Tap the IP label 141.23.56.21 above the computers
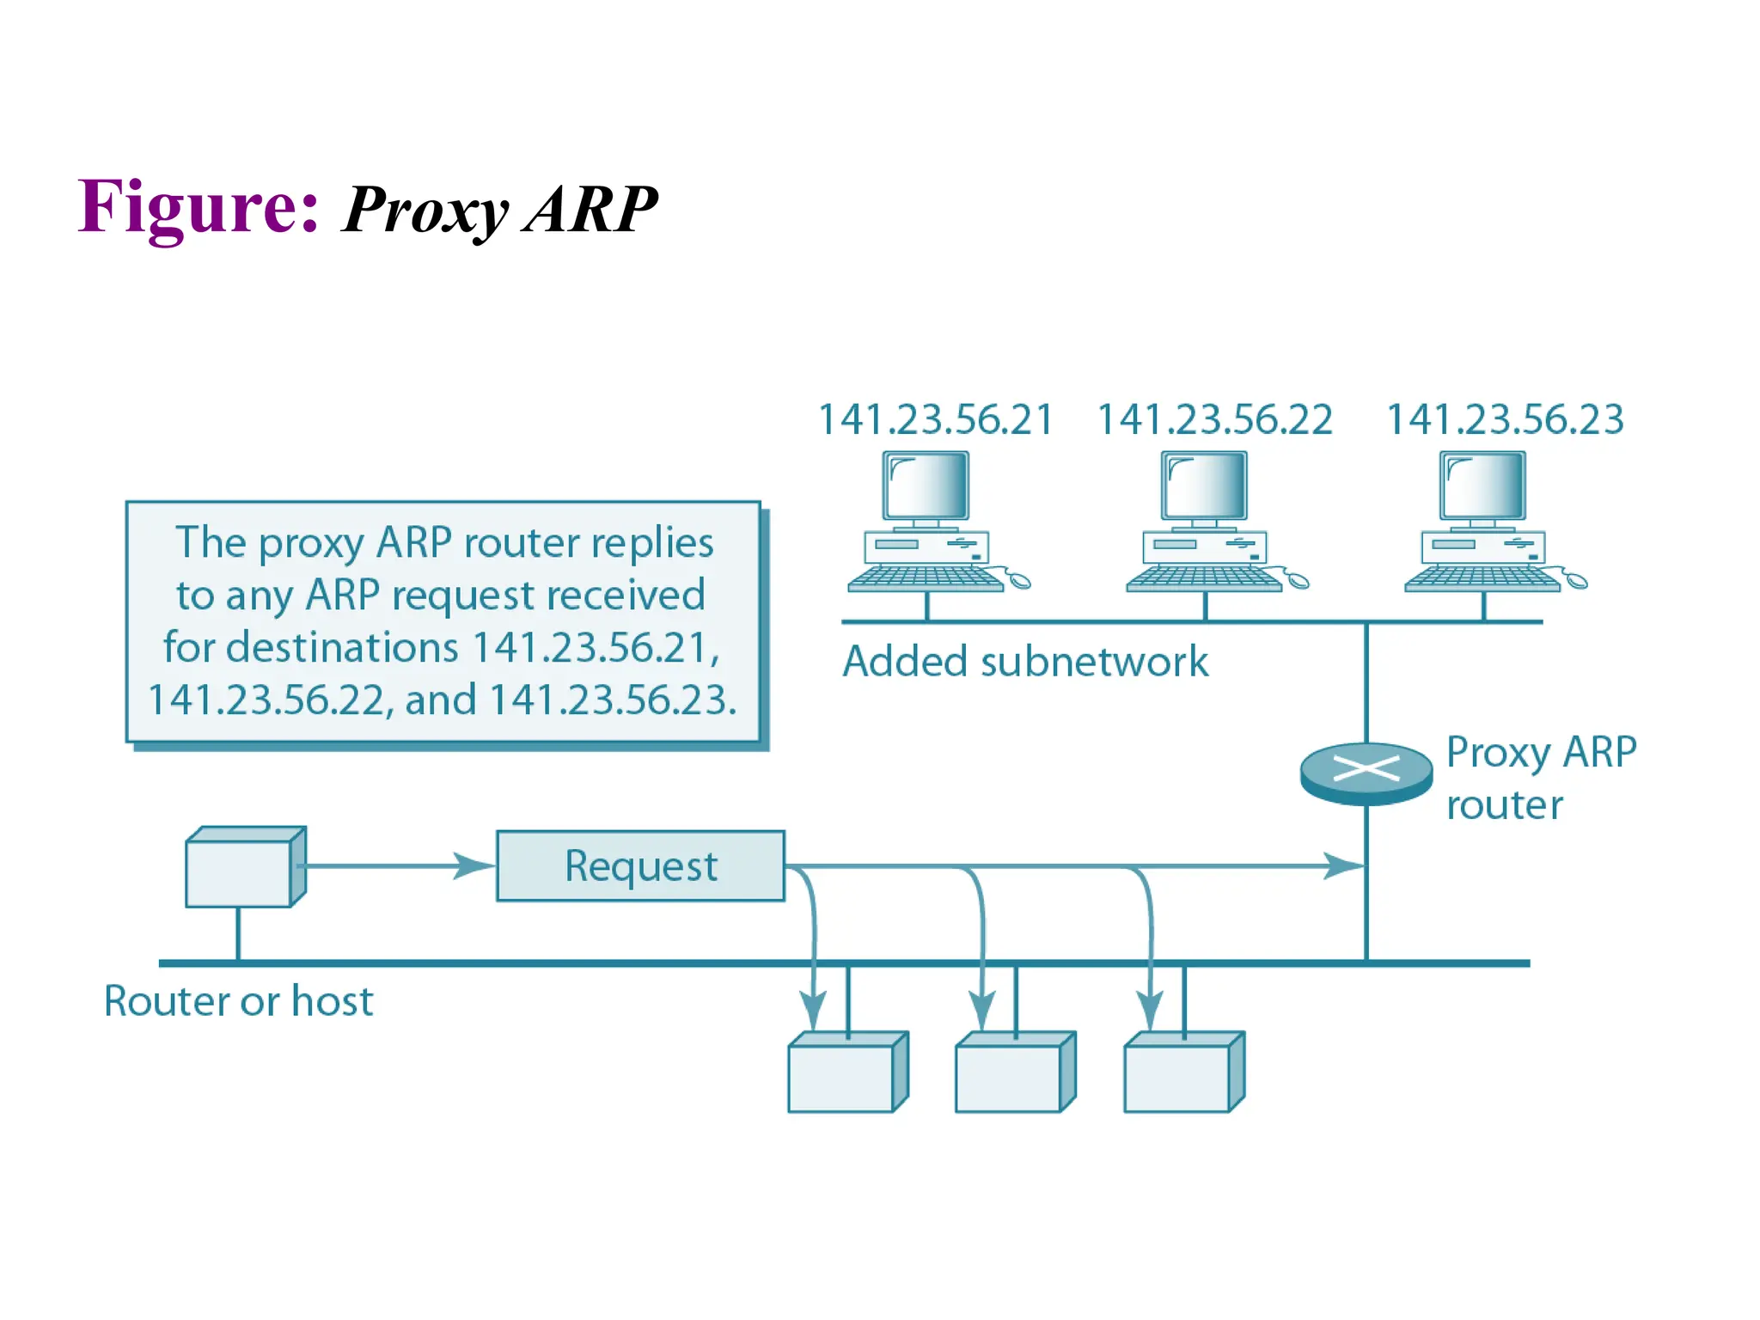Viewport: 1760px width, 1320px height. (935, 419)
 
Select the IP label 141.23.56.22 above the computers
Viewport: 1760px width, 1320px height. (1214, 419)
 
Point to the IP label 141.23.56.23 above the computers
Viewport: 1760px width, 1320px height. (1505, 419)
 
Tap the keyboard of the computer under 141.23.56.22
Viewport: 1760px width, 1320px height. (1203, 578)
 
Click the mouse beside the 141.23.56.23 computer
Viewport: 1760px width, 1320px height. (1576, 581)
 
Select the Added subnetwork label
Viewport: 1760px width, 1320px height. (1024, 662)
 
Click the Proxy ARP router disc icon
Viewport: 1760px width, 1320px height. (1366, 773)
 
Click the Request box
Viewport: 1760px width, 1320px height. (640, 865)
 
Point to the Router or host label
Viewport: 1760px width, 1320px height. (238, 1001)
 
